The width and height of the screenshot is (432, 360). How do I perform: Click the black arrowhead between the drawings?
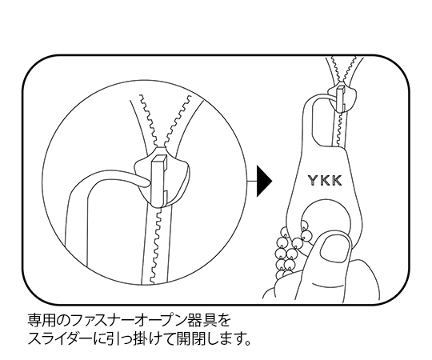tap(264, 181)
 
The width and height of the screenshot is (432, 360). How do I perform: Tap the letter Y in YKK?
tap(313, 181)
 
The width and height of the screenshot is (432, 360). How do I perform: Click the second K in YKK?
tap(337, 181)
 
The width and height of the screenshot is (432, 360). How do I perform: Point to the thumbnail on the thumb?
tap(335, 250)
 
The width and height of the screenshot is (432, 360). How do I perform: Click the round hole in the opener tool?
tap(326, 218)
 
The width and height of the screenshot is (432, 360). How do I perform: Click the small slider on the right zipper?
tap(343, 97)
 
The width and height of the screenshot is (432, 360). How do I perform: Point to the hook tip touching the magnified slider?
tap(146, 182)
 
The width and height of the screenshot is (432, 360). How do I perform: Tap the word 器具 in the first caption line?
tap(198, 321)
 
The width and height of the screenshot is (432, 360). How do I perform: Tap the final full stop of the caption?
tap(247, 343)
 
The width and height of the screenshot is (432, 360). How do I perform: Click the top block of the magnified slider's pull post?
tap(159, 161)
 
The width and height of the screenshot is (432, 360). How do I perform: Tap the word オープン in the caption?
tap(157, 321)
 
